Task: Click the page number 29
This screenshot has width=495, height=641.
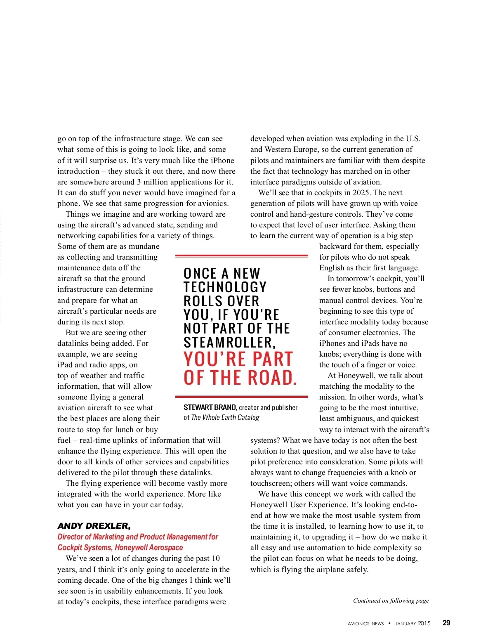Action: click(446, 623)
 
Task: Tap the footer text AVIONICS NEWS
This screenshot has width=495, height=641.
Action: click(365, 624)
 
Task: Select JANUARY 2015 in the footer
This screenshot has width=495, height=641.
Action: click(412, 623)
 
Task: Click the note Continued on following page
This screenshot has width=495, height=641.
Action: click(391, 601)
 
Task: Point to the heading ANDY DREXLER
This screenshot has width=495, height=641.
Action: click(94, 526)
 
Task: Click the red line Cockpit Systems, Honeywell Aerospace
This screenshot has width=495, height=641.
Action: click(120, 548)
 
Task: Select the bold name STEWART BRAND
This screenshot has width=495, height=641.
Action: click(210, 407)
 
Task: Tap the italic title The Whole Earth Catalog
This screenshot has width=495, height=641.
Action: click(225, 417)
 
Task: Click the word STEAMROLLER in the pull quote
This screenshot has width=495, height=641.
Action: click(229, 342)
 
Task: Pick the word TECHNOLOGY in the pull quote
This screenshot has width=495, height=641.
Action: click(225, 287)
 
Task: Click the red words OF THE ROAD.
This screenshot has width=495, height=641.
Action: click(240, 378)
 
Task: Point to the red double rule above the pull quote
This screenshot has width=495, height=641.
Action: click(241, 256)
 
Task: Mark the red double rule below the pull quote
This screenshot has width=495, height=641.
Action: click(241, 397)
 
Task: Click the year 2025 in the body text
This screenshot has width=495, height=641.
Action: click(361, 193)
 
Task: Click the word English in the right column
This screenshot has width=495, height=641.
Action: click(332, 268)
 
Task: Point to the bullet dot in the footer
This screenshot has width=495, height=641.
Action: click(389, 623)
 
